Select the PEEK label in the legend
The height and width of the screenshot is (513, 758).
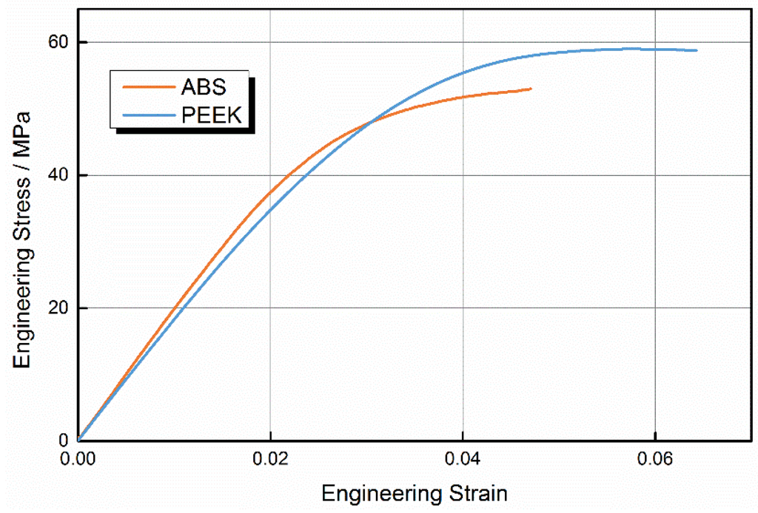211,115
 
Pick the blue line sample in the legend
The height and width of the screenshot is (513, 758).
145,115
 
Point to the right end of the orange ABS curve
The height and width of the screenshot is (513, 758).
531,89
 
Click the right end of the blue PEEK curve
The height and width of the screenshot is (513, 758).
697,50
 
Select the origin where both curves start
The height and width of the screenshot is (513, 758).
78,441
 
